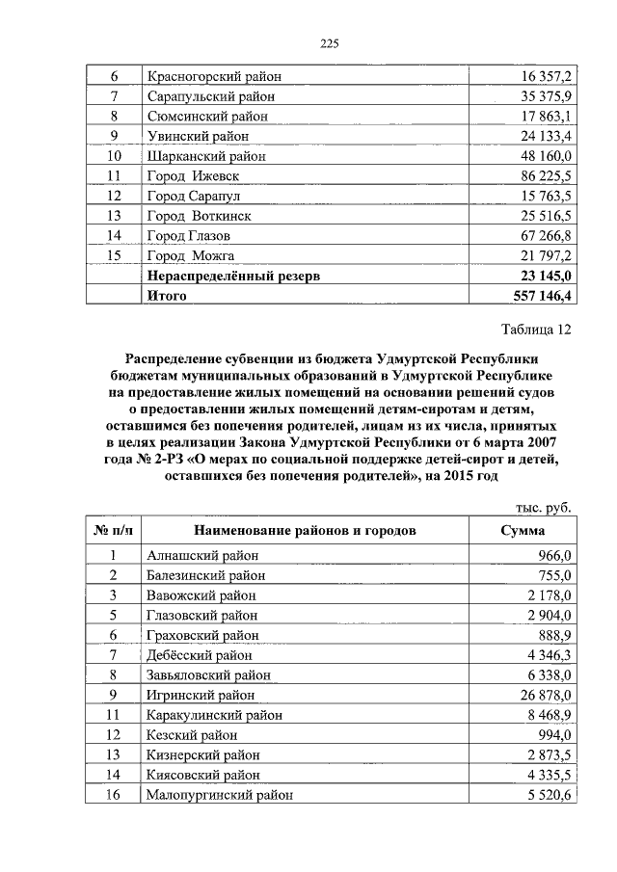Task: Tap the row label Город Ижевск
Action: pyautogui.click(x=192, y=176)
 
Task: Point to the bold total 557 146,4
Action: pyautogui.click(x=539, y=296)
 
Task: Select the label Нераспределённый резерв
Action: pyautogui.click(x=232, y=276)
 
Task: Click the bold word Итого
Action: pyautogui.click(x=166, y=296)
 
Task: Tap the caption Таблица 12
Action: pyautogui.click(x=538, y=330)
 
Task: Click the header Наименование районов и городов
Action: pyautogui.click(x=305, y=531)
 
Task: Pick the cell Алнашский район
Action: pyautogui.click(x=201, y=555)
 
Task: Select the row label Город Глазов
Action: pyautogui.click(x=189, y=236)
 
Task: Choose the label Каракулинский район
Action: pyautogui.click(x=214, y=715)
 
